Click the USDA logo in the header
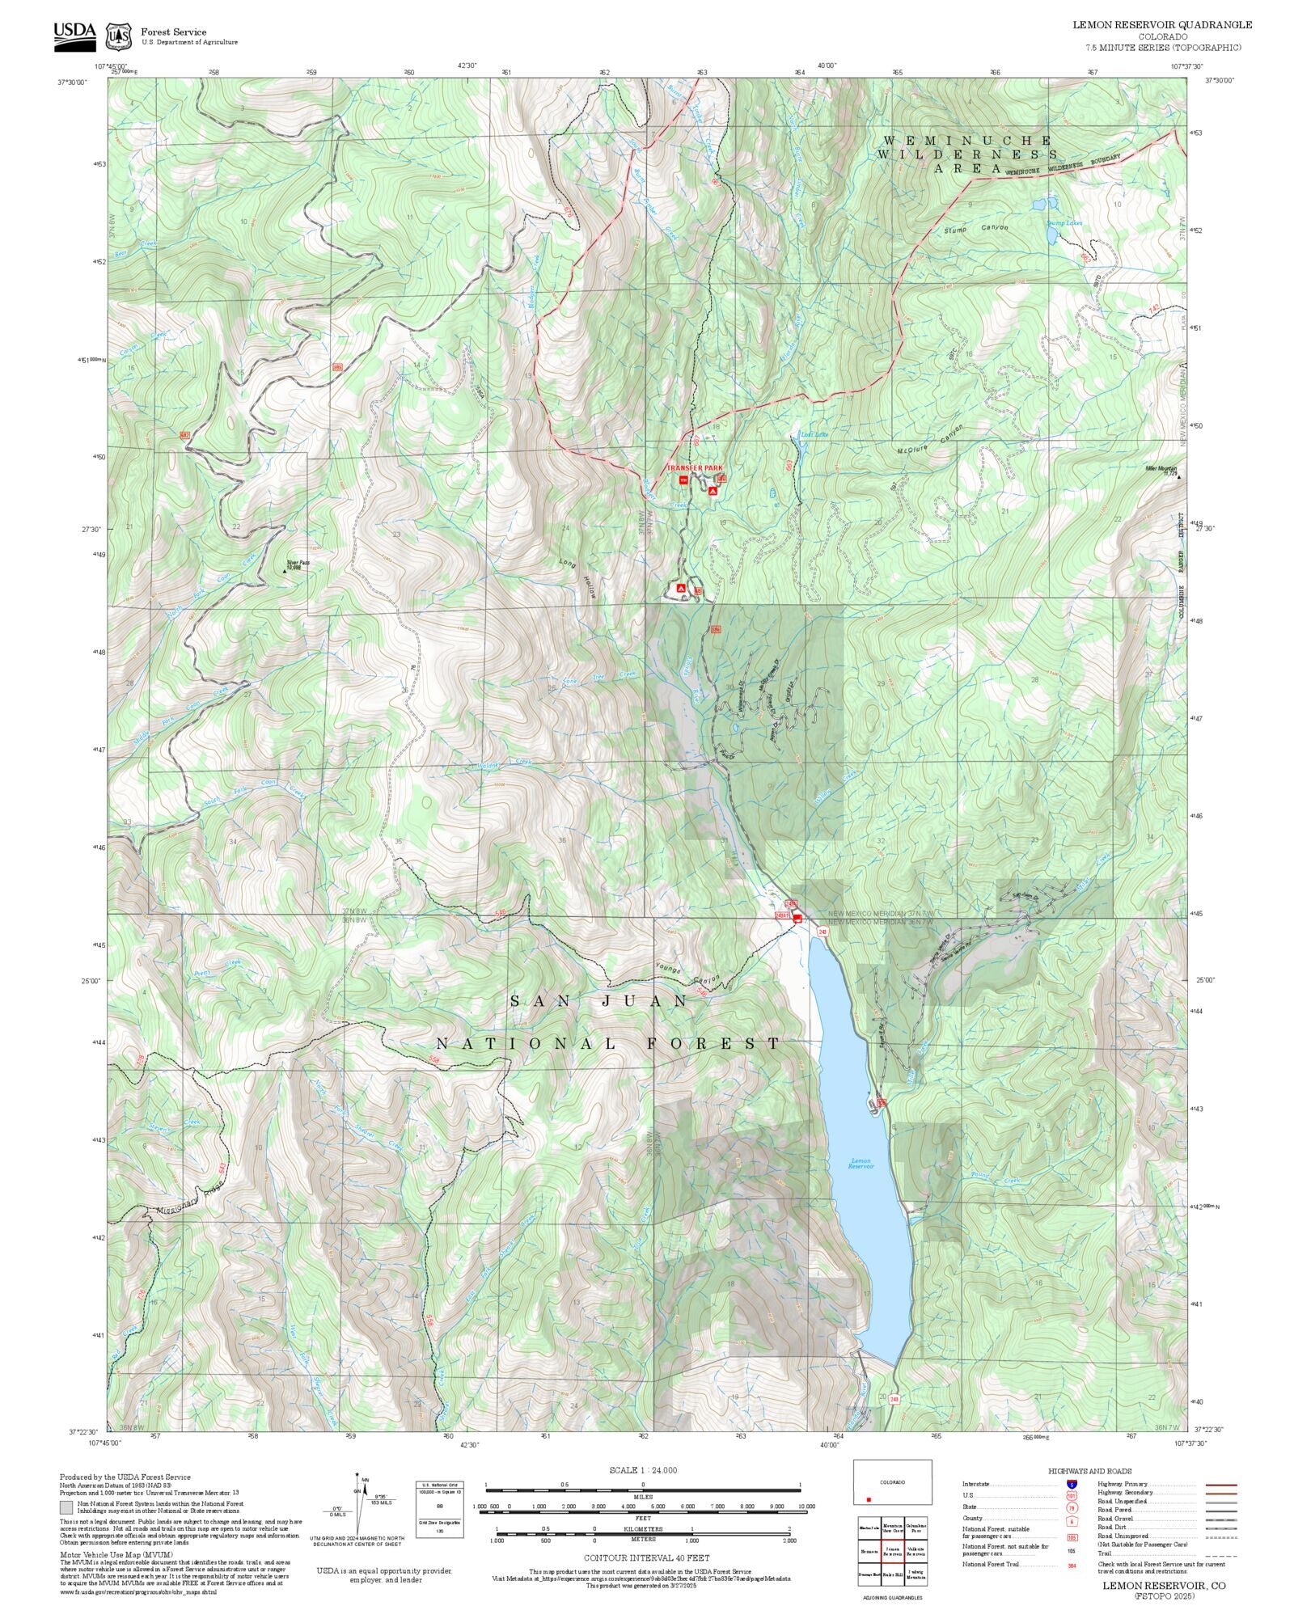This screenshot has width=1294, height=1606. pos(74,36)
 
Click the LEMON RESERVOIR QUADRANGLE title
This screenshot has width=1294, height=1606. pos(1162,25)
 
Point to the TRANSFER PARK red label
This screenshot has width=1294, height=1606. pos(694,468)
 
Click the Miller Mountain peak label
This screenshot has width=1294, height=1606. pos(1161,470)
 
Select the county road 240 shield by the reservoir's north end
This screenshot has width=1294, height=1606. pos(822,932)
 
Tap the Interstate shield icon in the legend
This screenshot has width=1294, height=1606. pos(1072,1484)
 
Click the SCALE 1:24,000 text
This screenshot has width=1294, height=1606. pos(643,1470)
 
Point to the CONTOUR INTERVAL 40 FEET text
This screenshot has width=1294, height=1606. pos(646,1557)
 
